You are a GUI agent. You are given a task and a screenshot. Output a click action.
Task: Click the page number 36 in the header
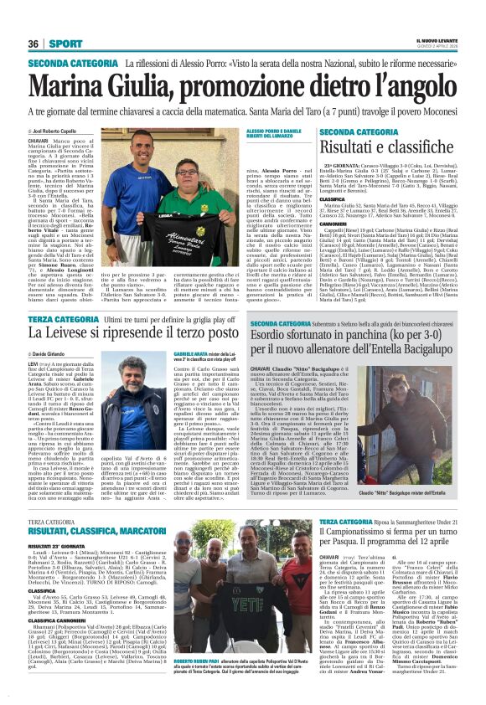(x=34, y=43)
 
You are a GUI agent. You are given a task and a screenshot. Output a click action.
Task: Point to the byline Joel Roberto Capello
(x=64, y=132)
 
